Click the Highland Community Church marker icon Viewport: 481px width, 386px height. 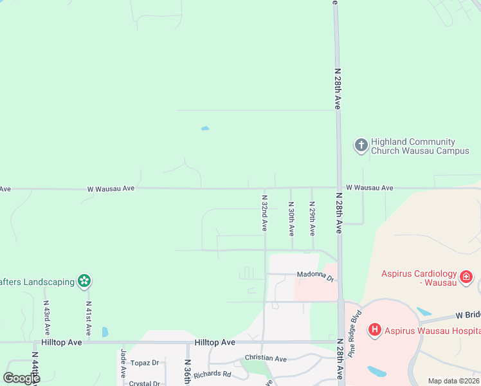tap(361, 146)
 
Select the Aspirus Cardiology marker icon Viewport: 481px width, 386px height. tap(467, 278)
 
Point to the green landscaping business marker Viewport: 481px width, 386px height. tap(84, 280)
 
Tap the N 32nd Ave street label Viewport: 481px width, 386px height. tap(264, 213)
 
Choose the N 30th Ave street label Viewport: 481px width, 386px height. tap(291, 218)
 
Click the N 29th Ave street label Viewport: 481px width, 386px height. tap(313, 218)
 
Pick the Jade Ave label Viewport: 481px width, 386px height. tap(122, 364)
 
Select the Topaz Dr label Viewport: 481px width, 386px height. tap(144, 363)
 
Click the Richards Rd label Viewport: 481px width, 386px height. tap(212, 374)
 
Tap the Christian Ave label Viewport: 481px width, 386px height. tap(266, 358)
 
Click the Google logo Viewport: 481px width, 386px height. tap(21, 378)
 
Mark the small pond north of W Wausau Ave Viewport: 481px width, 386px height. tap(204, 129)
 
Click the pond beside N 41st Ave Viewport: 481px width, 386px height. tap(105, 332)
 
